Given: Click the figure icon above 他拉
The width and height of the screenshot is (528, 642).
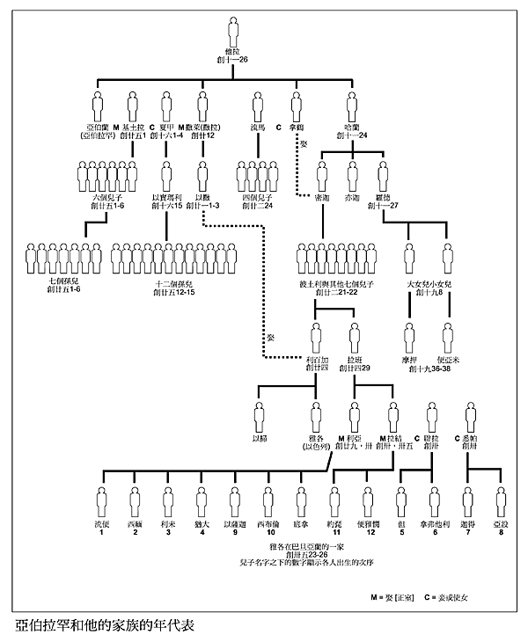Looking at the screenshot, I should (233, 31).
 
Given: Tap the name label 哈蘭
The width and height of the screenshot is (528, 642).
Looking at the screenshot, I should (356, 128).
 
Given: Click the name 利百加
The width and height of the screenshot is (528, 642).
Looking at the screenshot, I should (319, 361).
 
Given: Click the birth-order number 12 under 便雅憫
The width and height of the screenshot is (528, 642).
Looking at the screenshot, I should (371, 532).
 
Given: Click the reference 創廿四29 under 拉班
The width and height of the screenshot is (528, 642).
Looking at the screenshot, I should (355, 370).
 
